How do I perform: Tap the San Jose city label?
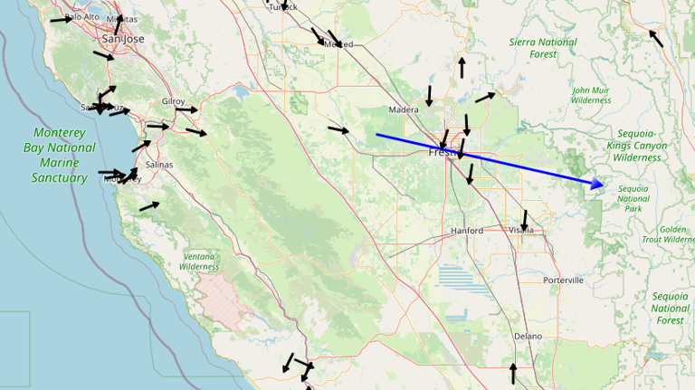[123, 39]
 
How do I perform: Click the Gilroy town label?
[173, 101]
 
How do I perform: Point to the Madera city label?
[403, 110]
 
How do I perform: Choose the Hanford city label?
[468, 231]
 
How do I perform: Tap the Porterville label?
[565, 281]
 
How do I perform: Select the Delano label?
[528, 337]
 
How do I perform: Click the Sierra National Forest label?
[543, 48]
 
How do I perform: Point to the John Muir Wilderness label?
[592, 95]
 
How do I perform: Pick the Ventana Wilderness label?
[199, 262]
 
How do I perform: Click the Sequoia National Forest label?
[671, 308]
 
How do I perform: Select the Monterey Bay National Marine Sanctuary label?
[59, 155]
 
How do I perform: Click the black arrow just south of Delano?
[513, 373]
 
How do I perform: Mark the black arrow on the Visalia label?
[524, 219]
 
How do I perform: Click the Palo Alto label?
[82, 16]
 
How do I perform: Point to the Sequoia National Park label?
[633, 198]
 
